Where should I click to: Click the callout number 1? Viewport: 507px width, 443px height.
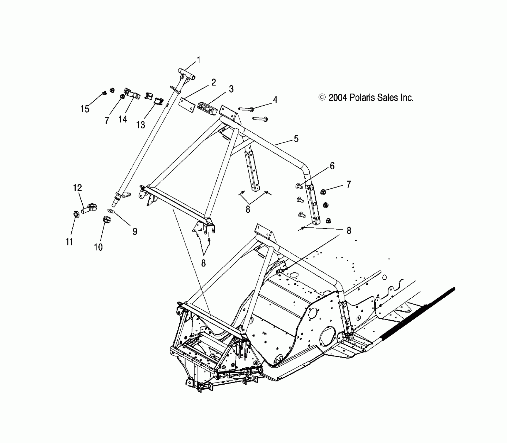coord(198,60)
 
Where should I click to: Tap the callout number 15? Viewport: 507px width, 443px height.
coord(85,109)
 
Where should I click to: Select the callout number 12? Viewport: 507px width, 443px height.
coord(77,188)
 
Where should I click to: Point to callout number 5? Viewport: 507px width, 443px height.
coord(296,139)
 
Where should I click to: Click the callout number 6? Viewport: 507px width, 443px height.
coord(332,166)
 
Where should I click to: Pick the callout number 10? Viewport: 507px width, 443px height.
coord(98,247)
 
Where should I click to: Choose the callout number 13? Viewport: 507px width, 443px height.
coord(141,125)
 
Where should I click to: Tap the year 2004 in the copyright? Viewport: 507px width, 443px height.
coord(338,98)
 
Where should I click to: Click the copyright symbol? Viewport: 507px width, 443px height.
coord(322,97)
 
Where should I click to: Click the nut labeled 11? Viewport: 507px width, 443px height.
coord(76,214)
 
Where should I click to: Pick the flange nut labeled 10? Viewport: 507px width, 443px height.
coord(106,226)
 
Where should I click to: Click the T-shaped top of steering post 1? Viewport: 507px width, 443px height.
coord(187,74)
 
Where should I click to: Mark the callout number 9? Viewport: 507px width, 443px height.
coord(135,231)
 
